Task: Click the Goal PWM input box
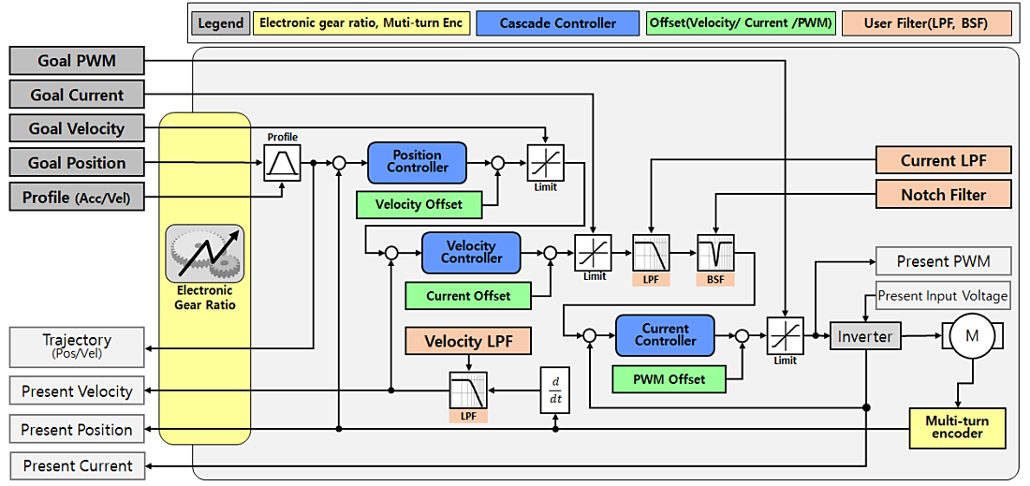point(77,62)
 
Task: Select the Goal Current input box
point(77,95)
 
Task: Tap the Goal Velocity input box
point(77,128)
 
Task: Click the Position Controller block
point(417,162)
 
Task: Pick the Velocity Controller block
point(471,252)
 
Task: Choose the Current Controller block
point(665,335)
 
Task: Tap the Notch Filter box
point(943,195)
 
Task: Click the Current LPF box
point(943,160)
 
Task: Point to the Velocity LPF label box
point(468,341)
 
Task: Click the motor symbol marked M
point(971,335)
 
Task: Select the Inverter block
point(864,336)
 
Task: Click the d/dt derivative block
point(555,389)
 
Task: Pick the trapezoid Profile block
point(283,163)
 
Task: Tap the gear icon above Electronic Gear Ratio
point(205,254)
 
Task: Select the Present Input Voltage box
point(943,296)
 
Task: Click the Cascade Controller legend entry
point(557,22)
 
